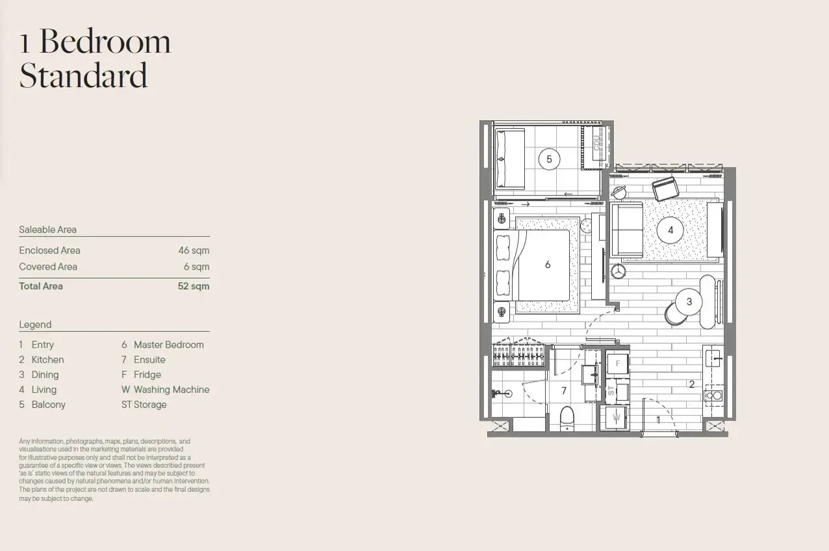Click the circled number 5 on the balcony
[549, 159]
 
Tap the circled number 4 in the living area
[670, 230]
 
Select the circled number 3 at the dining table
[689, 301]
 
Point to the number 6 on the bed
[548, 264]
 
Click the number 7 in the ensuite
[564, 391]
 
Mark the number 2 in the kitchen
[691, 384]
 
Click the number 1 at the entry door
[658, 420]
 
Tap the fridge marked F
[617, 363]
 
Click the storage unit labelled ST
[617, 391]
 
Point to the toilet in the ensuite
[567, 418]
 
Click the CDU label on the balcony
[596, 143]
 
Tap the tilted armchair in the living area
[665, 188]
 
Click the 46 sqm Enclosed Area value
[194, 251]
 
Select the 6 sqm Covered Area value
[196, 267]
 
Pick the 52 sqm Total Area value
[194, 286]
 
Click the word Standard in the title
[83, 75]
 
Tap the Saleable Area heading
[47, 229]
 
